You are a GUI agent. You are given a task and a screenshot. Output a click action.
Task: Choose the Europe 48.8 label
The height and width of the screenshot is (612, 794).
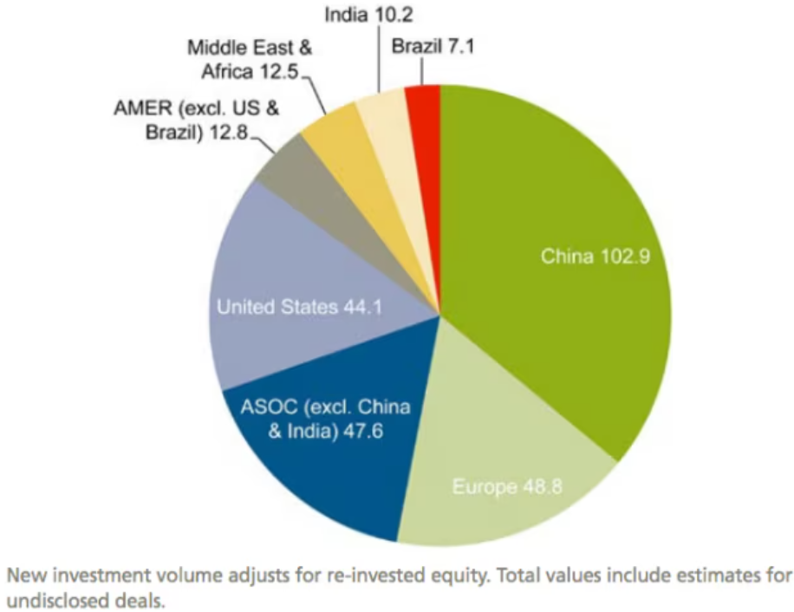(x=507, y=485)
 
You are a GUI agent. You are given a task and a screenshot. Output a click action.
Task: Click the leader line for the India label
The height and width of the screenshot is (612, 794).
(x=378, y=61)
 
